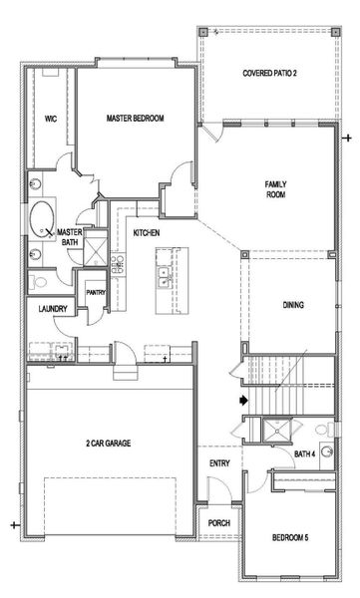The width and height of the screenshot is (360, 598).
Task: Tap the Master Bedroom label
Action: [x=136, y=118]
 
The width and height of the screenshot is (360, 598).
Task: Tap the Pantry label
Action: [x=96, y=293]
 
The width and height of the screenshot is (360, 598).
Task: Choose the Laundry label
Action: [x=52, y=310]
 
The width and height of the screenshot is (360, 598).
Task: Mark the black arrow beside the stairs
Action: [x=241, y=401]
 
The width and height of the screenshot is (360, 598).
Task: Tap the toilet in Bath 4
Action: [x=327, y=429]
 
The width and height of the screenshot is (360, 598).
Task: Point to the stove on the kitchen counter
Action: [x=118, y=264]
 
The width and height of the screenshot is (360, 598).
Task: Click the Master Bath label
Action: [x=68, y=235]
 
